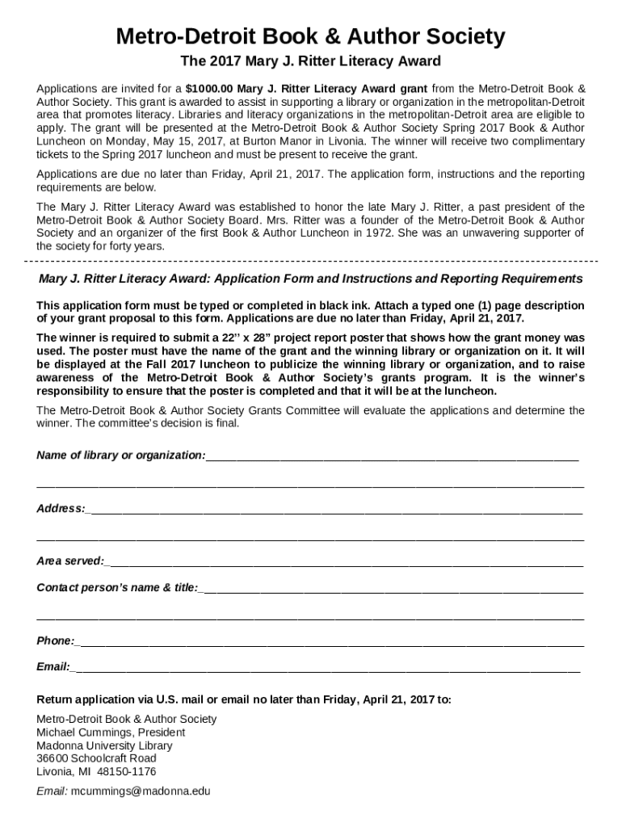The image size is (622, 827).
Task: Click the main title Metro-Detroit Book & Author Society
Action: point(310,36)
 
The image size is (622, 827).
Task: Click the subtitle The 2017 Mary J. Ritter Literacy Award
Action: point(310,61)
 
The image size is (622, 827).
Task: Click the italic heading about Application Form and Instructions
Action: point(310,279)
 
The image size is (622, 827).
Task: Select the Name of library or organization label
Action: point(120,455)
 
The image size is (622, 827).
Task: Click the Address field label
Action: point(61,509)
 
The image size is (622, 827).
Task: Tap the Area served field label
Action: point(70,561)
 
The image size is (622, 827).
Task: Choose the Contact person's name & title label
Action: point(117,588)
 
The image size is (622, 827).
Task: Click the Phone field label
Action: point(56,641)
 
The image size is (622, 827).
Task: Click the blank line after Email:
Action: point(323,669)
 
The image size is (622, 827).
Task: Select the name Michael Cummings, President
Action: point(111,733)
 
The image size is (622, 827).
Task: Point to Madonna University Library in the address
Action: point(104,745)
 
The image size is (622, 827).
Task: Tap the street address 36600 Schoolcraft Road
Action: point(96,758)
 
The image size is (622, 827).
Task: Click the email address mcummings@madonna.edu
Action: point(141,791)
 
